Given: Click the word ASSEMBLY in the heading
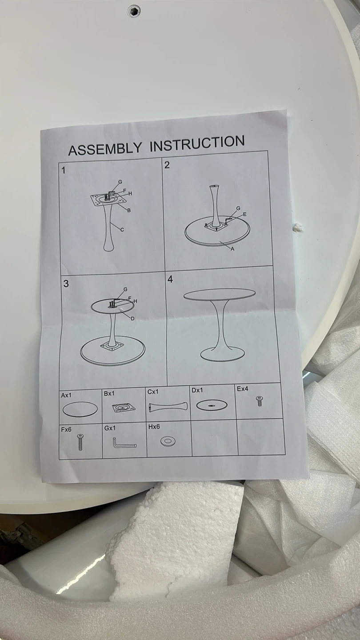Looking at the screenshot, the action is point(105,148).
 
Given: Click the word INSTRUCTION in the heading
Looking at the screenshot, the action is point(197,143).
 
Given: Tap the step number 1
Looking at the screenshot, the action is point(64,171).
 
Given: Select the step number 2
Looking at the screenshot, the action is point(167,165).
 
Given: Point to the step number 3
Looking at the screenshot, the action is point(66,284).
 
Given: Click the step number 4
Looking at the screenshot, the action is point(170,279).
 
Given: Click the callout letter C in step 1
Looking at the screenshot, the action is point(122,230).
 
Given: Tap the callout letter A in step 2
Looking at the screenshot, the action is point(232,249).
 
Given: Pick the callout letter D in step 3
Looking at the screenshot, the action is point(132,319).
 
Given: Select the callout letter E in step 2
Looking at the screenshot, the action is point(244,214).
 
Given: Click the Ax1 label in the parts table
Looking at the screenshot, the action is point(66,396).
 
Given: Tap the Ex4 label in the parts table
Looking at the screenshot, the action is point(243,389).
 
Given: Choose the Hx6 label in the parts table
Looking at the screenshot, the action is point(154,427).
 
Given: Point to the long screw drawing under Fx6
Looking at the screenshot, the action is point(80,441).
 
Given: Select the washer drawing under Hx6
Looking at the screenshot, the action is point(168,441).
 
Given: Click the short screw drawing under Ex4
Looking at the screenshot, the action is point(260,401).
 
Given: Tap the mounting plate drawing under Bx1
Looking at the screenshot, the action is point(124,408).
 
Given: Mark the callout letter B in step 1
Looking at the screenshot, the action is point(129,211).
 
